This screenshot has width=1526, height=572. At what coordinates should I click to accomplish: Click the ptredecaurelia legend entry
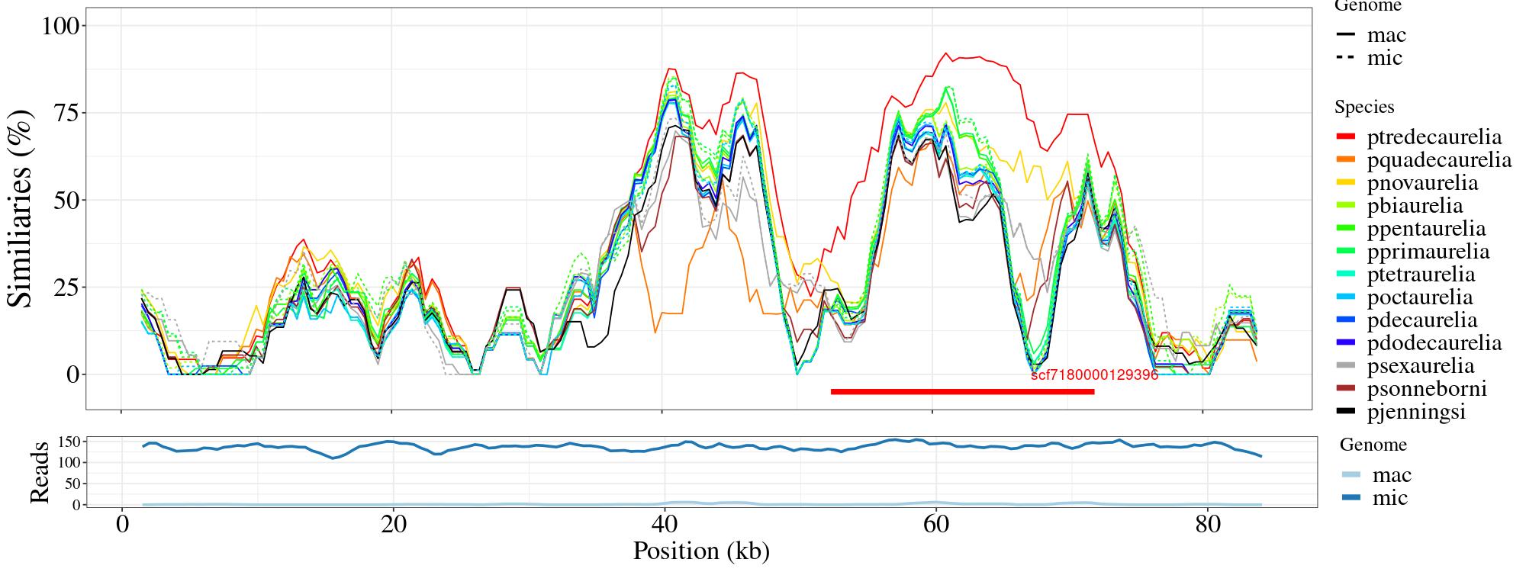[x=1434, y=137]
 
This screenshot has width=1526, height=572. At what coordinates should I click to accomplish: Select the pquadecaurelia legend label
[x=1439, y=160]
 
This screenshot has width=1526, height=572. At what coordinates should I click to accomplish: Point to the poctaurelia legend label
[x=1420, y=297]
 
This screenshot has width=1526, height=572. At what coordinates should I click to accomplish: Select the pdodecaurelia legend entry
[x=1434, y=343]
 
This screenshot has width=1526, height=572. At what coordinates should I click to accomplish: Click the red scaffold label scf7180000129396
[x=1094, y=375]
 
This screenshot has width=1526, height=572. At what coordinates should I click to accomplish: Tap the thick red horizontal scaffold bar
[x=962, y=392]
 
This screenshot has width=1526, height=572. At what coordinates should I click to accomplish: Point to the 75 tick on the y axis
[x=69, y=113]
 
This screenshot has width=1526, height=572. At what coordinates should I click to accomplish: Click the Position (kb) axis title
[x=700, y=551]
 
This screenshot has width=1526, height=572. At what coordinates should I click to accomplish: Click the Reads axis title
[x=39, y=472]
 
